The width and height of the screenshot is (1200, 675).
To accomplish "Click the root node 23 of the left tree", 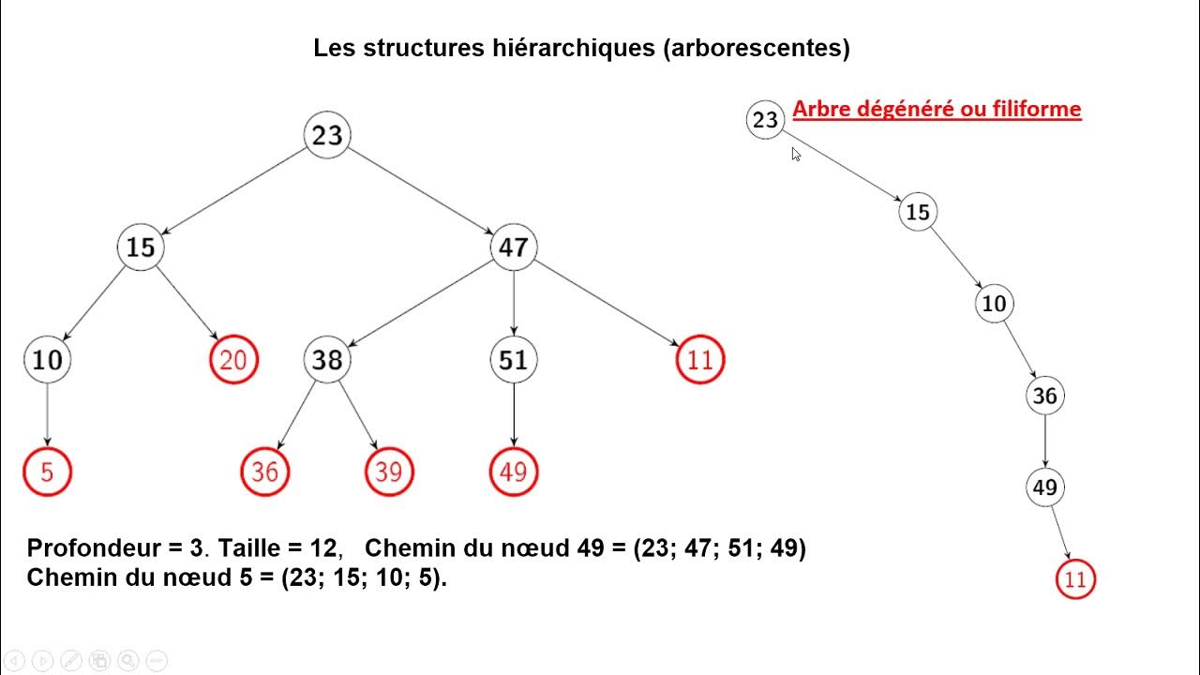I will tap(327, 136).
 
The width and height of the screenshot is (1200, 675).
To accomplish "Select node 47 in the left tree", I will tap(513, 248).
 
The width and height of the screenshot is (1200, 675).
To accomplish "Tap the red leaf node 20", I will tap(232, 360).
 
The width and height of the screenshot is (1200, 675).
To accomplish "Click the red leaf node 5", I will tap(47, 472).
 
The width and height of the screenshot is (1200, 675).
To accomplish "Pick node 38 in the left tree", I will tap(326, 360).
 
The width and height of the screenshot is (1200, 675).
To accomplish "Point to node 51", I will tap(513, 360).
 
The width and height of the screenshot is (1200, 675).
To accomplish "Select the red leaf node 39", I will tap(388, 472).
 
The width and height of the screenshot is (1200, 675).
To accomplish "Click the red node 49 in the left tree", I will tap(513, 472).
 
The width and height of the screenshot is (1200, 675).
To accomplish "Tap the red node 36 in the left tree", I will tap(264, 472).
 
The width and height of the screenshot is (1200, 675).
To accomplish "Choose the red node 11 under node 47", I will tap(699, 360).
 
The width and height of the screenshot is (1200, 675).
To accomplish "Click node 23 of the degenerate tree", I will tap(765, 120).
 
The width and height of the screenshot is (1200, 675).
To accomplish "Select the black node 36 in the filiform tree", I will tap(1044, 396).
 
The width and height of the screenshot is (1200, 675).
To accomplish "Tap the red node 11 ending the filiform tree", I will tap(1074, 579).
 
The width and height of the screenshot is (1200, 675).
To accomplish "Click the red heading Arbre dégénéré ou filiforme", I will tap(937, 110).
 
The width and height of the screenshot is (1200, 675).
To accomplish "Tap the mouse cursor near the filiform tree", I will tap(796, 155).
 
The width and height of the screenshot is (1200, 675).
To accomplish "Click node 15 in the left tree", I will tap(141, 248).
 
